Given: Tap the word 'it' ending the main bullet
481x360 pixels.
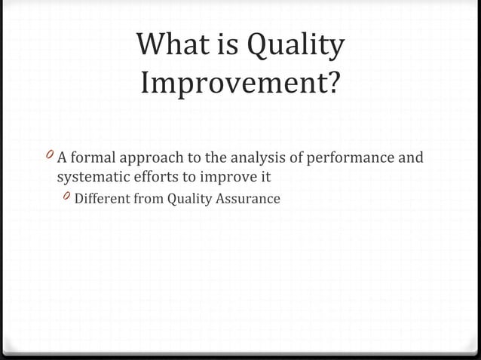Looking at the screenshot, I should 264,178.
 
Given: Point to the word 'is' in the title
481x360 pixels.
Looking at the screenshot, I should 224,47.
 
